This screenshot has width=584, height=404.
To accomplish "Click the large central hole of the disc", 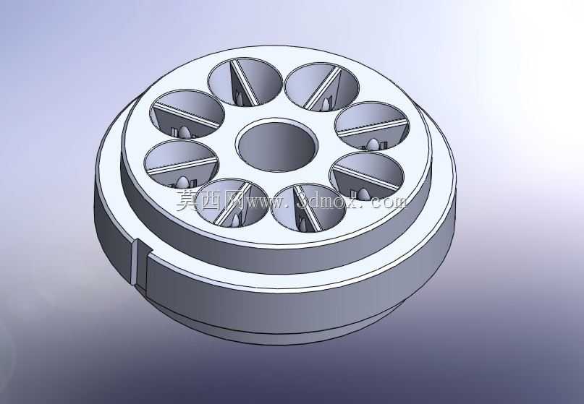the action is tap(276, 145).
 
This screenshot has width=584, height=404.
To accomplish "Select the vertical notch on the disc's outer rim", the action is tap(139, 264).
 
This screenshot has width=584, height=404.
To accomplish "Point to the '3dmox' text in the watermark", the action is tap(323, 200).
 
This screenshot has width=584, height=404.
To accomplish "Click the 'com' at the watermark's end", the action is tap(389, 201).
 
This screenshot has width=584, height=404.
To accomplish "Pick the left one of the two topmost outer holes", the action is tap(245, 82).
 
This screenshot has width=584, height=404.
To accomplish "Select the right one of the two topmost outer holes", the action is tap(322, 87).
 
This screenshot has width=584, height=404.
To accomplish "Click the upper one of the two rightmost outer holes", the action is tap(372, 126).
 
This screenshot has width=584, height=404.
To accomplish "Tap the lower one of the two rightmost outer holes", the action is tap(367, 176).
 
